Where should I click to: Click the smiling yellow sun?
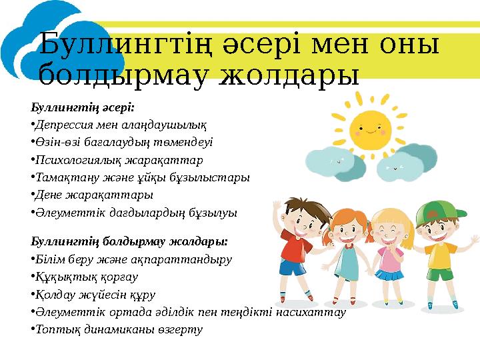pos(371,128)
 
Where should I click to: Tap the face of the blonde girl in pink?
pos(389,231)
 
